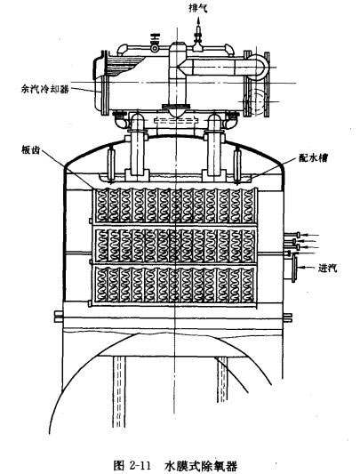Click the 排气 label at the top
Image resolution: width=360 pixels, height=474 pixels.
click(198, 8)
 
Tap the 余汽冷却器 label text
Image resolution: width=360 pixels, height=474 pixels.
click(45, 89)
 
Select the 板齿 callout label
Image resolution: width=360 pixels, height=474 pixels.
click(31, 150)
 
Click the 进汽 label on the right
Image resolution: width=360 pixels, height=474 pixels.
click(327, 267)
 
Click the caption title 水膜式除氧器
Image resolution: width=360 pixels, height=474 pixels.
click(201, 465)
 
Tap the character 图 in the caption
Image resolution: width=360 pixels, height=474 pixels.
click(119, 465)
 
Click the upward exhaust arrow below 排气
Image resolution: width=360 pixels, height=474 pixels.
click(198, 23)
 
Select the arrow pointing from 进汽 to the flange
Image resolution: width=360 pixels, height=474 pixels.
click(307, 267)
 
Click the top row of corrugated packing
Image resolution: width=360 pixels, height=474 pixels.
click(175, 205)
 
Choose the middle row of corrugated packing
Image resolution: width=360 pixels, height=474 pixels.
click(175, 245)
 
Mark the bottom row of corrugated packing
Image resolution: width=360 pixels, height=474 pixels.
click(175, 285)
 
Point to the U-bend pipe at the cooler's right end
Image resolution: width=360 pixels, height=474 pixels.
click(260, 67)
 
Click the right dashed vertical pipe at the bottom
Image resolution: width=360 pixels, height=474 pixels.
click(222, 380)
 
